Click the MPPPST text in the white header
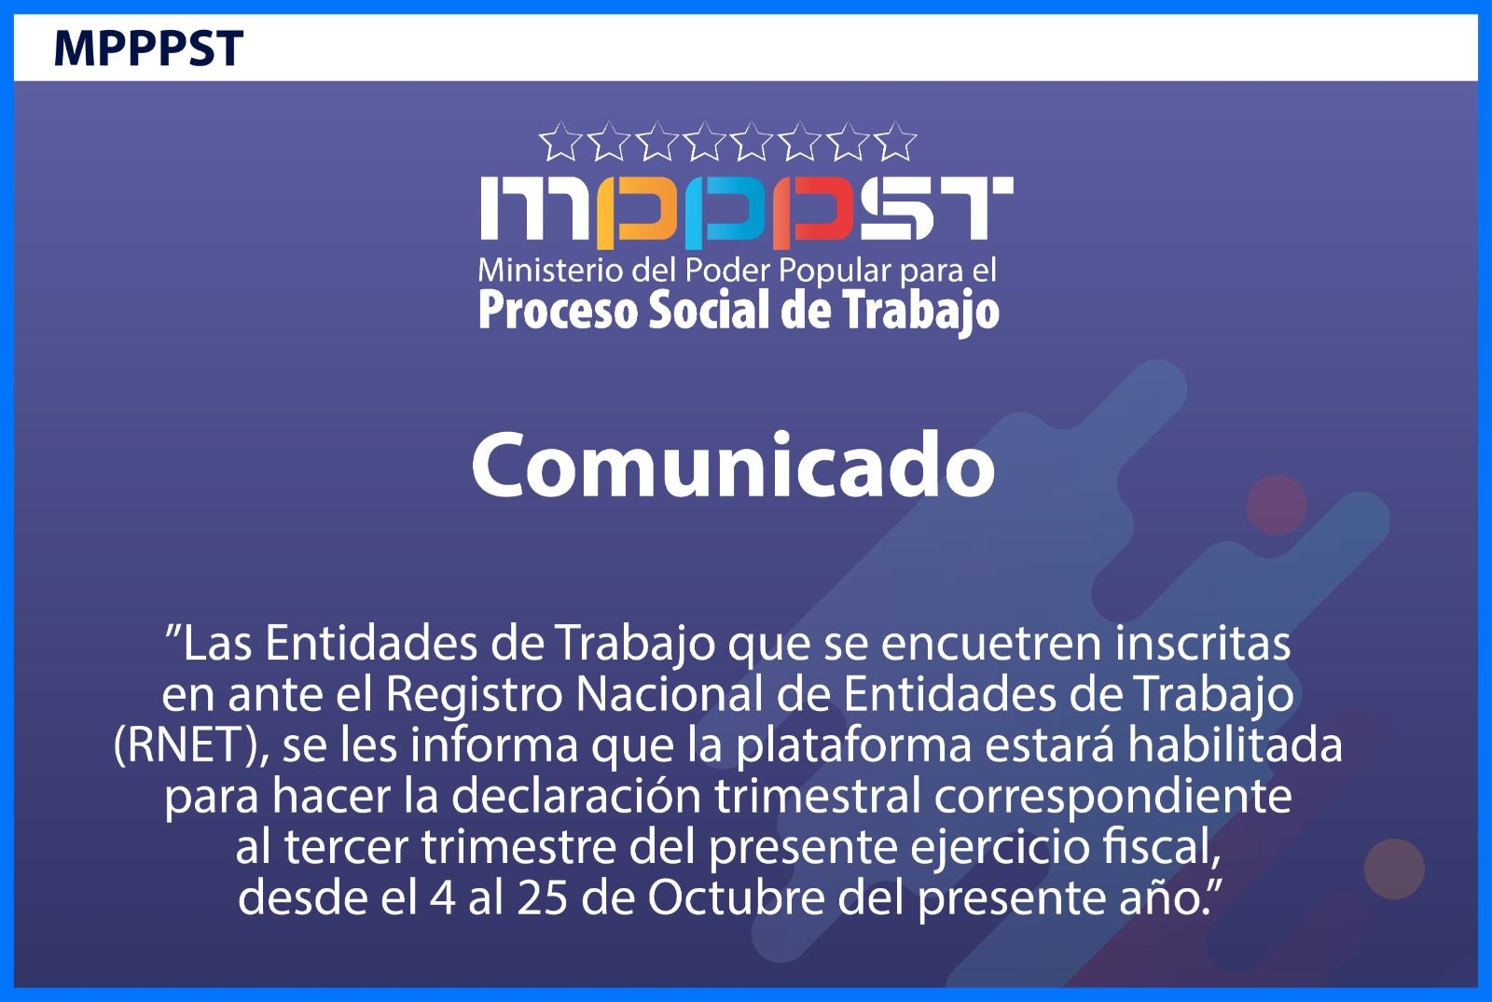click(148, 48)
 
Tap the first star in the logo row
click(560, 142)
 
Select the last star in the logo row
click(895, 142)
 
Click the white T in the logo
click(974, 208)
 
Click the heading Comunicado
click(733, 466)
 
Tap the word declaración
click(576, 796)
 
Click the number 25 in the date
click(542, 898)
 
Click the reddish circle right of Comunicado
click(1277, 505)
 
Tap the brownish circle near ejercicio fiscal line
click(1394, 869)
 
